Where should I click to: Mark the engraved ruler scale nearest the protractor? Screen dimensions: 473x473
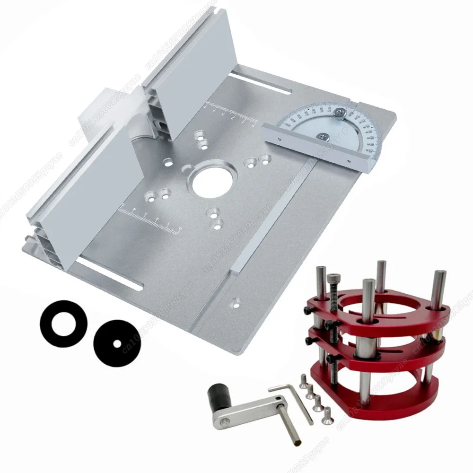tap(229, 114)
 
